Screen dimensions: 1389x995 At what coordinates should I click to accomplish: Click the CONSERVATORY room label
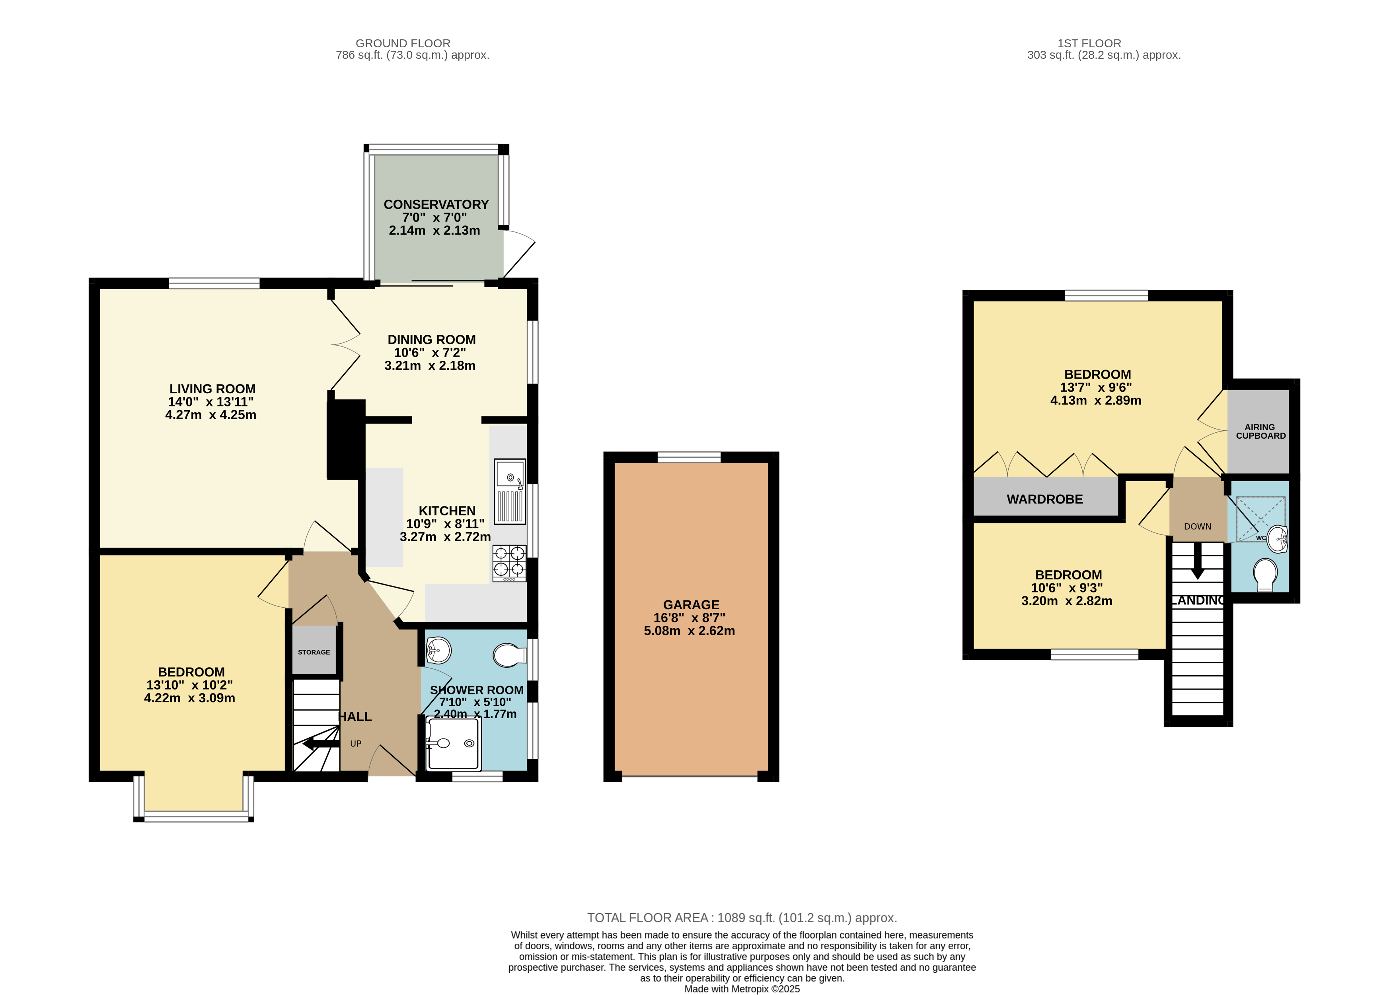pos(436,204)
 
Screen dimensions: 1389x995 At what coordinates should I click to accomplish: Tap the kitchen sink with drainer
pos(510,492)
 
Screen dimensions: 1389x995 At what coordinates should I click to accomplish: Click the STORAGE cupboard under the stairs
pos(314,650)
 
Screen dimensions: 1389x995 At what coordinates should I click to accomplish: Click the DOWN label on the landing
pos(1197,527)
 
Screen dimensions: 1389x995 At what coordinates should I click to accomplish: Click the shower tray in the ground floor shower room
pos(453,744)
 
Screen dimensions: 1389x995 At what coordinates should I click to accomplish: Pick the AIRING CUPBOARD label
pos(1260,431)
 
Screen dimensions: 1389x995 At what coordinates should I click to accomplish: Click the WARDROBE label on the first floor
pos(1045,499)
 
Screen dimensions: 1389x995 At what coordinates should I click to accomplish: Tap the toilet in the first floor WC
pos(1265,574)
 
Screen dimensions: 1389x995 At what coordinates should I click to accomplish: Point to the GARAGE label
pos(691,605)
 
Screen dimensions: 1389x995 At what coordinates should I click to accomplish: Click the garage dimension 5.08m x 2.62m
pos(689,631)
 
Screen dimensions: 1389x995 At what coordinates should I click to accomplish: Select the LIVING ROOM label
pos(212,389)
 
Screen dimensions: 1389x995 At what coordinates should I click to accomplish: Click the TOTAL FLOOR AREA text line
pos(742,918)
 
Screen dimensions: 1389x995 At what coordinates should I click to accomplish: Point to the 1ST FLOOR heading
pos(1089,43)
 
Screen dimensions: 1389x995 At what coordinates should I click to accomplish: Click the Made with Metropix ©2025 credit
pos(742,989)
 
